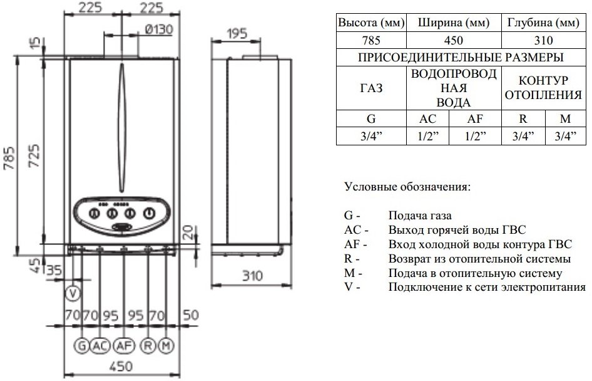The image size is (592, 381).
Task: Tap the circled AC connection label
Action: click(x=100, y=345)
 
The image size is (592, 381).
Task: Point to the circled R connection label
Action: click(x=148, y=345)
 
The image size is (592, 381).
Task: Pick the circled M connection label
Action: click(x=165, y=345)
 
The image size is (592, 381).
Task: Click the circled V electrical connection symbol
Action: click(x=73, y=293)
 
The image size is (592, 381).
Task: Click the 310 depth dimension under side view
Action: click(x=251, y=275)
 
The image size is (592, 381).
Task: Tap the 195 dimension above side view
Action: click(x=235, y=33)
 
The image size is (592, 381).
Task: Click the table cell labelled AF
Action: click(x=477, y=119)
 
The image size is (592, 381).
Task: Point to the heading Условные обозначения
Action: click(x=407, y=187)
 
